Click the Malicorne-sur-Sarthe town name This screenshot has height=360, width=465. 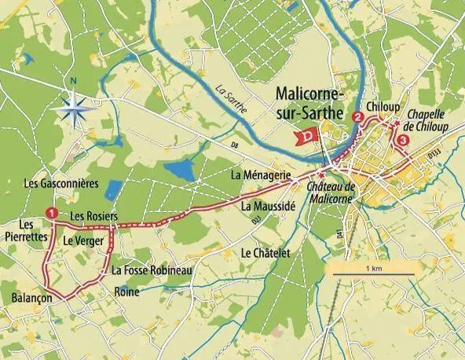[310, 104]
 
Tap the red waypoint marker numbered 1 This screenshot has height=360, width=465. [52, 213]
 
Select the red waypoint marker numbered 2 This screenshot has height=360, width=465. [358, 118]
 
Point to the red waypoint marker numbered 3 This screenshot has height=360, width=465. [403, 140]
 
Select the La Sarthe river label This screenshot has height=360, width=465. [233, 100]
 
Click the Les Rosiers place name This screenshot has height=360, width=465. [93, 215]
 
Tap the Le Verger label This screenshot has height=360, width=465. [83, 241]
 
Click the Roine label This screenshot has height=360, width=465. [126, 292]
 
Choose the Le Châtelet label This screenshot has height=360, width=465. [267, 253]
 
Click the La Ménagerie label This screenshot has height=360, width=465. [262, 173]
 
